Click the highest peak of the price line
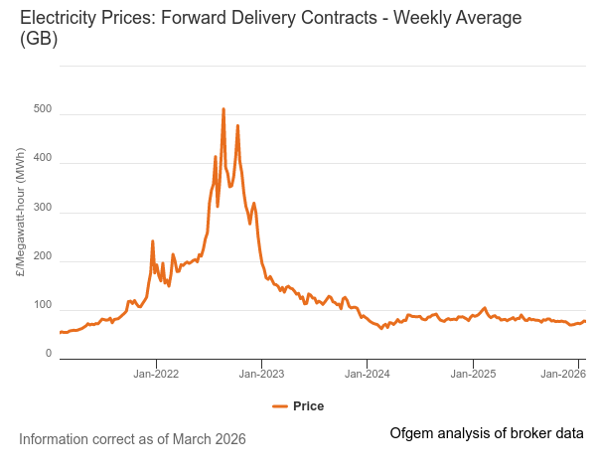click(223, 109)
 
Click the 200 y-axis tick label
click(42, 256)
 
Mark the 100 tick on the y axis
click(42, 305)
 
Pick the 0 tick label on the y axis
click(48, 354)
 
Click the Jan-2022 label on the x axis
click(156, 375)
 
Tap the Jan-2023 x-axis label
click(261, 375)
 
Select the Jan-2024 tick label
click(368, 375)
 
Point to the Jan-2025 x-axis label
click(473, 375)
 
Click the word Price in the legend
click(308, 406)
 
